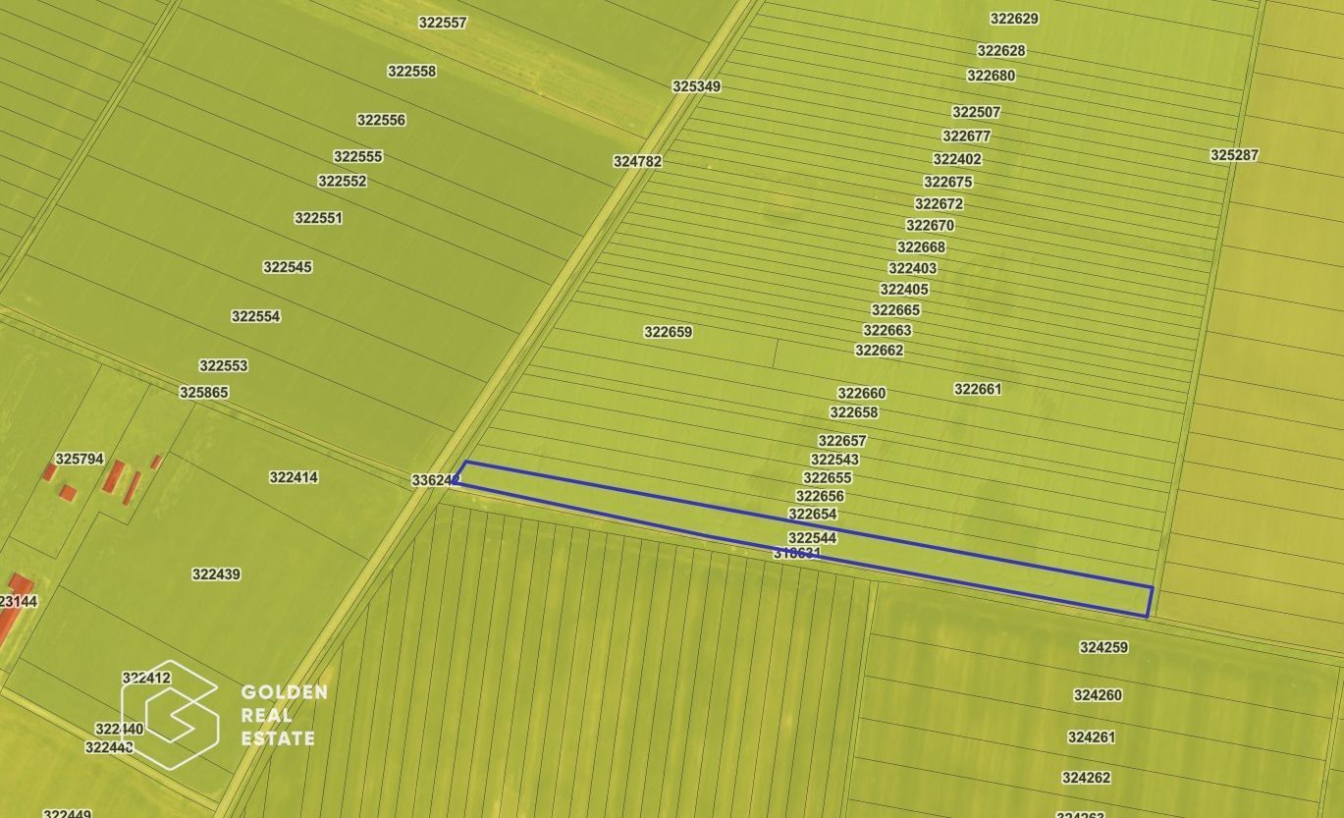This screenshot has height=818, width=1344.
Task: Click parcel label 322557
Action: [x=442, y=23]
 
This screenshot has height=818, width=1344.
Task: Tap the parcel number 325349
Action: [x=696, y=86]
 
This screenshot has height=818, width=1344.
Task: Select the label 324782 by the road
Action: [x=637, y=161]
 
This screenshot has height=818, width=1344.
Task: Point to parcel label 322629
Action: [x=1014, y=19]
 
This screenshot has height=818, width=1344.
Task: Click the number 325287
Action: [x=1234, y=155]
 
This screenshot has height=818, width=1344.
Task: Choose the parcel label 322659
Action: [x=668, y=332]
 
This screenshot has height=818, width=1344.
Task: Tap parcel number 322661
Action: [x=978, y=389]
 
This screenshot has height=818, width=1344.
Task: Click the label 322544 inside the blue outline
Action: [x=812, y=538]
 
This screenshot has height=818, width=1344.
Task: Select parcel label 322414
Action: [x=294, y=477]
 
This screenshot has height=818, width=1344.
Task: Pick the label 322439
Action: [x=216, y=574]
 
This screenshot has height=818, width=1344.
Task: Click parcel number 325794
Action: [x=80, y=459]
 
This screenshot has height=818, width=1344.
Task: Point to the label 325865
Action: [x=203, y=393]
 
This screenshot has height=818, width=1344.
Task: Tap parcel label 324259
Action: [x=1103, y=647]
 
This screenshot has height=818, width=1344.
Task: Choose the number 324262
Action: [x=1086, y=778]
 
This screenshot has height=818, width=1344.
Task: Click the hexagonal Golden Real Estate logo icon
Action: [x=170, y=714]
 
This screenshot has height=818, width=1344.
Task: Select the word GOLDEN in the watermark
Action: [x=285, y=693]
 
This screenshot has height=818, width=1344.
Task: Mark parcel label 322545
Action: [x=287, y=267]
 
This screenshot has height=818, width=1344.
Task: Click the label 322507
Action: [x=976, y=113]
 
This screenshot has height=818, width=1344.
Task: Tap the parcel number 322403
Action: [x=912, y=268]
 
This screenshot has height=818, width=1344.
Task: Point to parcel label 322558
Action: [x=411, y=71]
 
